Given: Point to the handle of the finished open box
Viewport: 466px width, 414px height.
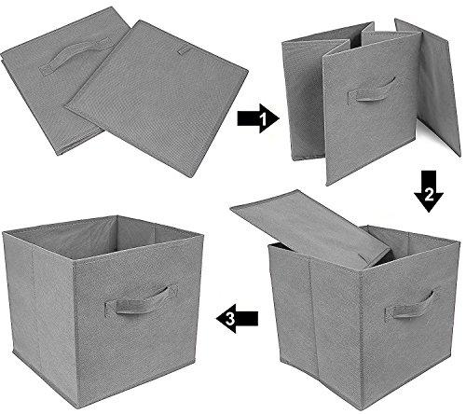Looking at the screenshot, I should (x=141, y=304).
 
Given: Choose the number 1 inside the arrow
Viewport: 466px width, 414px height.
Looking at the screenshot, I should (x=263, y=119).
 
